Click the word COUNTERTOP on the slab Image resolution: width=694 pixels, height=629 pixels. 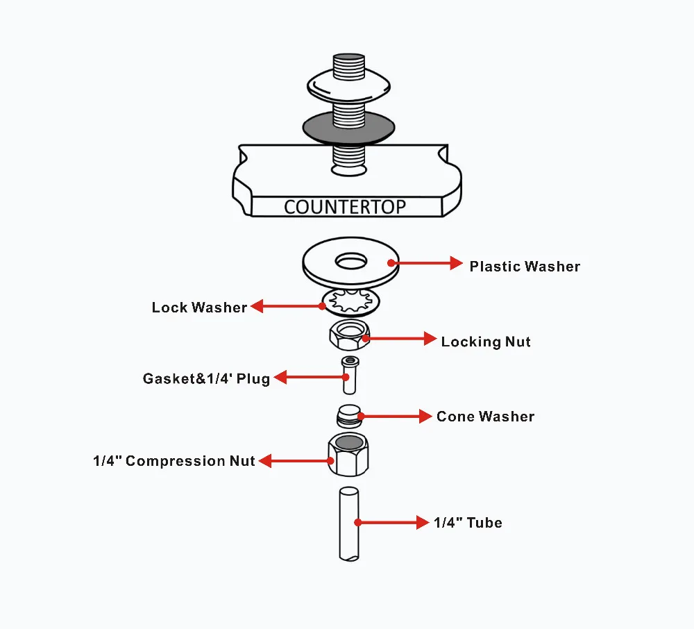pos(345,207)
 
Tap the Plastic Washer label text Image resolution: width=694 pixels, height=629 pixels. pos(524,267)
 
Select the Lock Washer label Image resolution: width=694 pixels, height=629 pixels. pos(199,308)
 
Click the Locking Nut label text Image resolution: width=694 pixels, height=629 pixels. pos(486,342)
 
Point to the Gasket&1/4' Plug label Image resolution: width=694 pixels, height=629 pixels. pos(206,379)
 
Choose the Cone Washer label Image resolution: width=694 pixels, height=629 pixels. pos(485,417)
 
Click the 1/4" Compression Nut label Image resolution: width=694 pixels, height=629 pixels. pos(173,461)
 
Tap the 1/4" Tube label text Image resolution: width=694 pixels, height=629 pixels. pos(468,523)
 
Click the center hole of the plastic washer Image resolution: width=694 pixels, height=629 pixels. pos(352,262)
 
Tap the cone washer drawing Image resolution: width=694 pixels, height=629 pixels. pos(348,416)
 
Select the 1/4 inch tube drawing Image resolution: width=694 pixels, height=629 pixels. pos(348,523)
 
